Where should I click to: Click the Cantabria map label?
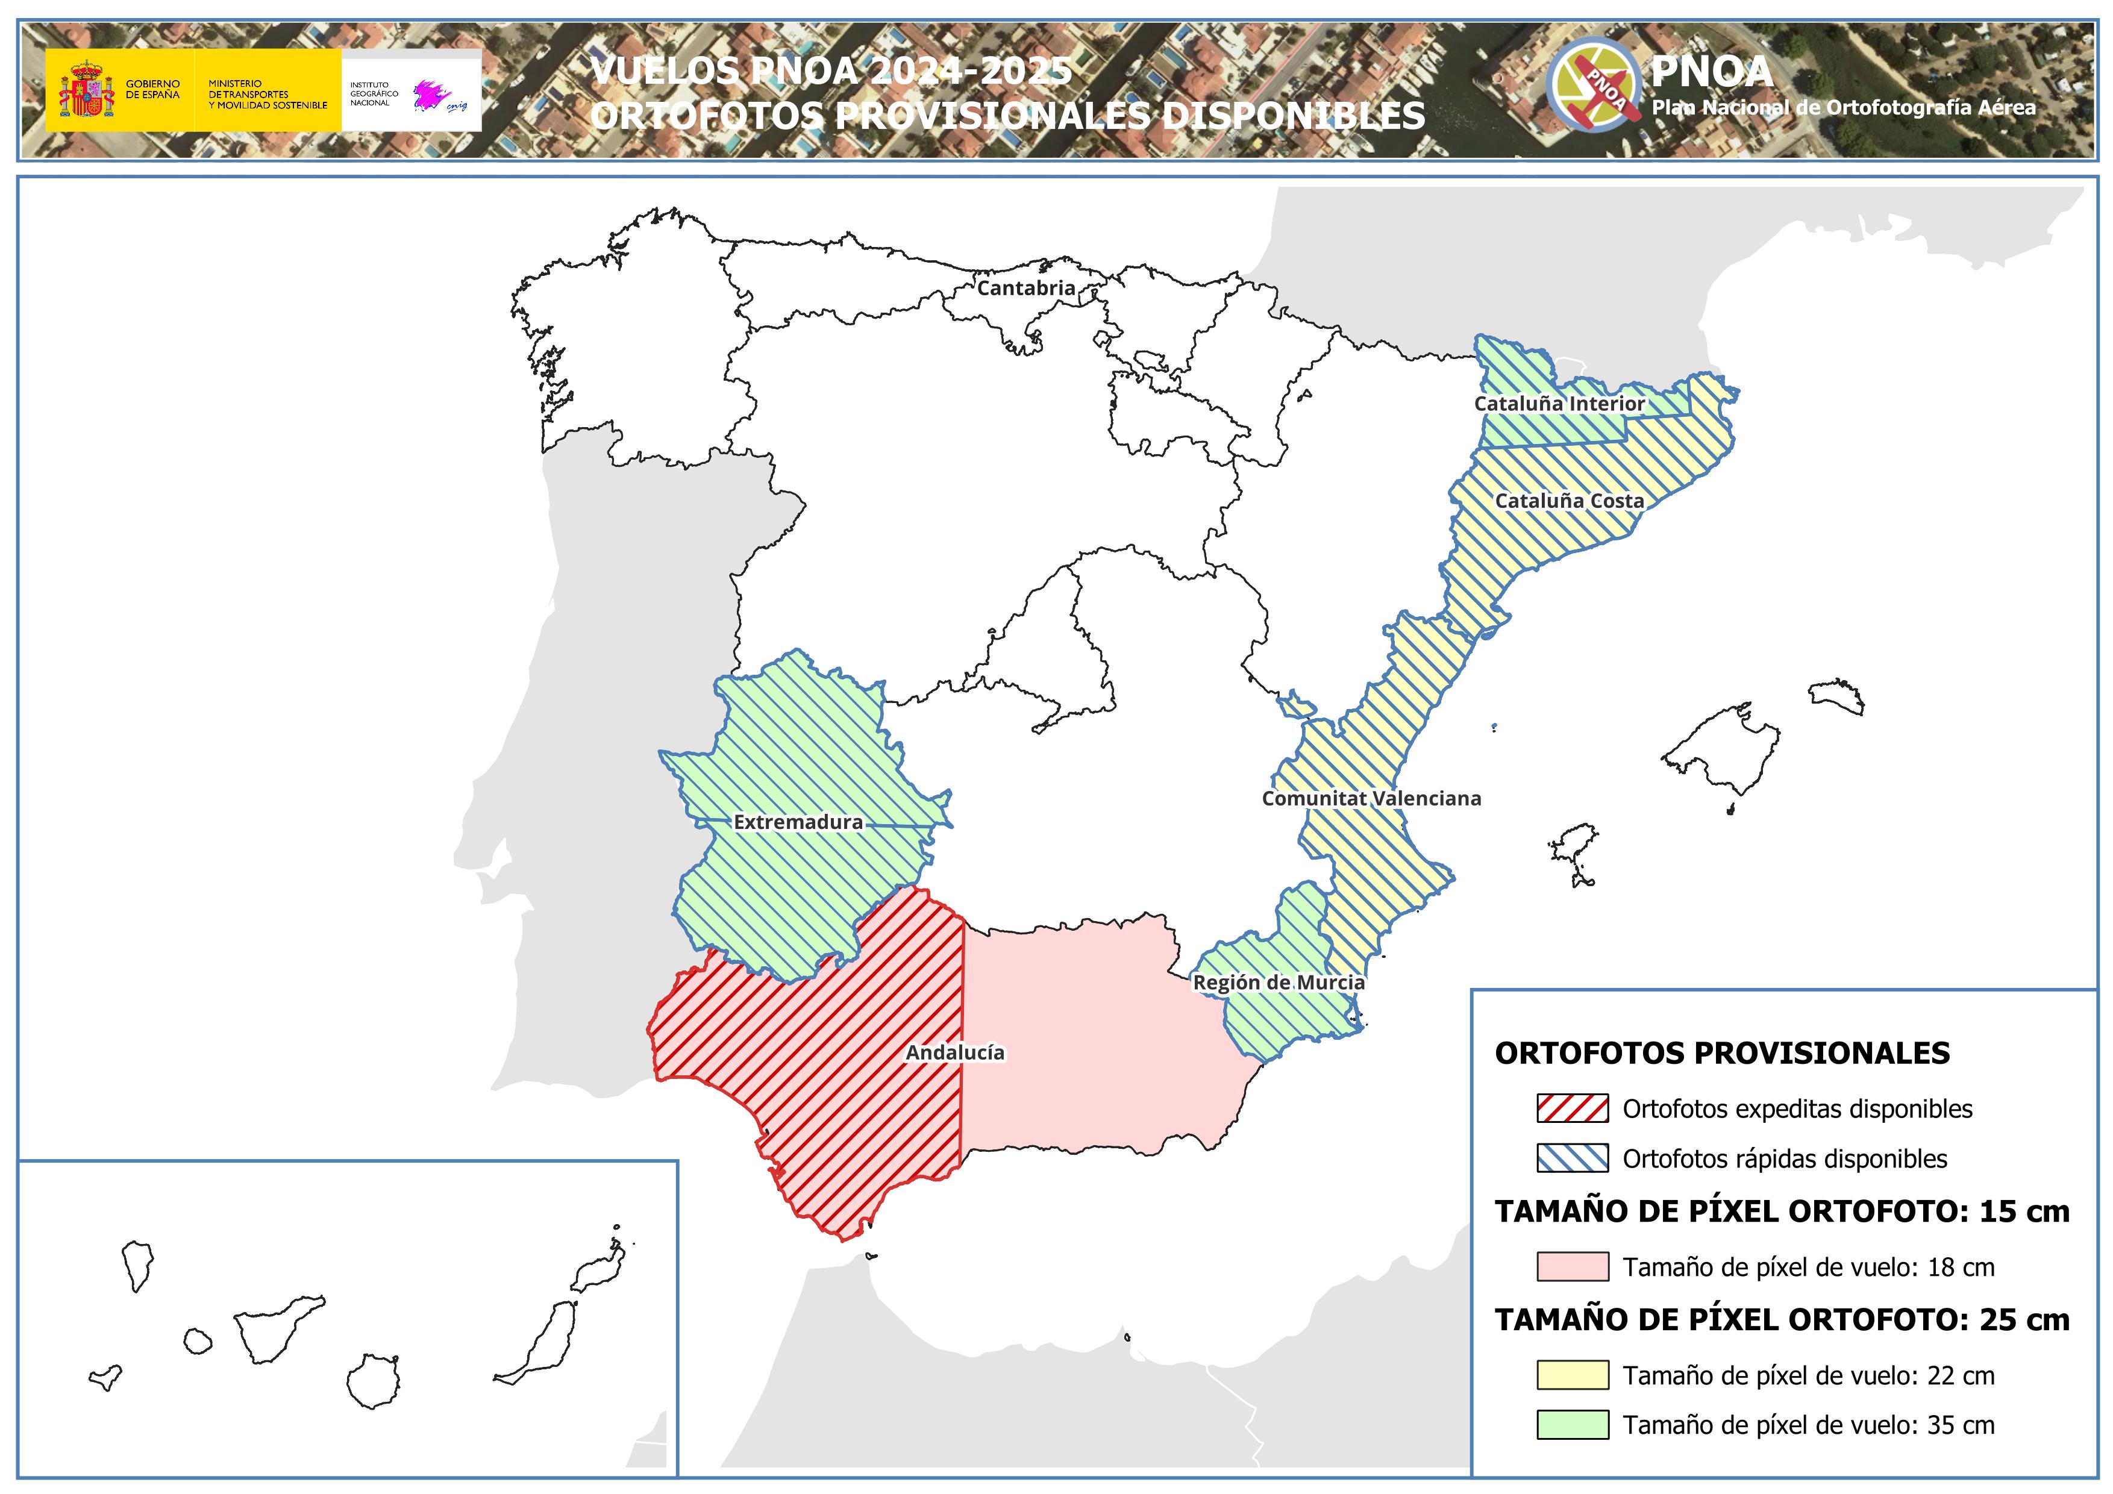click(x=1025, y=288)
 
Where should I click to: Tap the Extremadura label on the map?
click(x=798, y=822)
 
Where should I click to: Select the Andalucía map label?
click(x=954, y=1052)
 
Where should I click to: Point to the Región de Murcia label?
click(x=1279, y=983)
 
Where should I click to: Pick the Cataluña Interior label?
click(x=1559, y=404)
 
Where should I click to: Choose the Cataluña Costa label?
click(x=1568, y=501)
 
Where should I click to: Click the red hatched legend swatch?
click(x=1572, y=1108)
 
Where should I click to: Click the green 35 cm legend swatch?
click(x=1572, y=1425)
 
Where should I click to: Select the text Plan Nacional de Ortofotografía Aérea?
click(x=1843, y=108)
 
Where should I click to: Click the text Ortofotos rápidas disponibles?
click(x=1785, y=1159)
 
